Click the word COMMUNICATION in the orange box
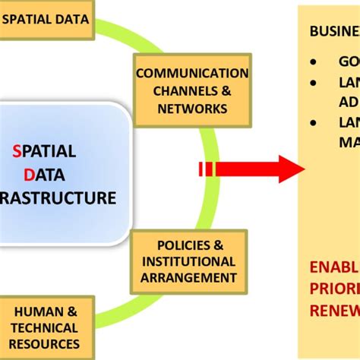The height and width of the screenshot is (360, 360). click(x=192, y=74)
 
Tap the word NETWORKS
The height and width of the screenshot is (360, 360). click(x=193, y=109)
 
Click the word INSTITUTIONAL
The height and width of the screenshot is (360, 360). click(x=189, y=261)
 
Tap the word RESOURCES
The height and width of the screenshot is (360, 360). click(x=44, y=344)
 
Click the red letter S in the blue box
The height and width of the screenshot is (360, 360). click(x=17, y=151)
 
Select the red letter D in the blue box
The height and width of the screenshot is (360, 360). click(x=29, y=175)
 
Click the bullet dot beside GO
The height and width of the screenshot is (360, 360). click(x=314, y=62)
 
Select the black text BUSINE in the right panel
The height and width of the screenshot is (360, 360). click(x=334, y=31)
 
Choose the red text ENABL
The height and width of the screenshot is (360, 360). click(x=334, y=267)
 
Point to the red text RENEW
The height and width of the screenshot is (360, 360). click(x=334, y=310)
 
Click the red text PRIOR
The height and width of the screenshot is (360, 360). click(x=334, y=289)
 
